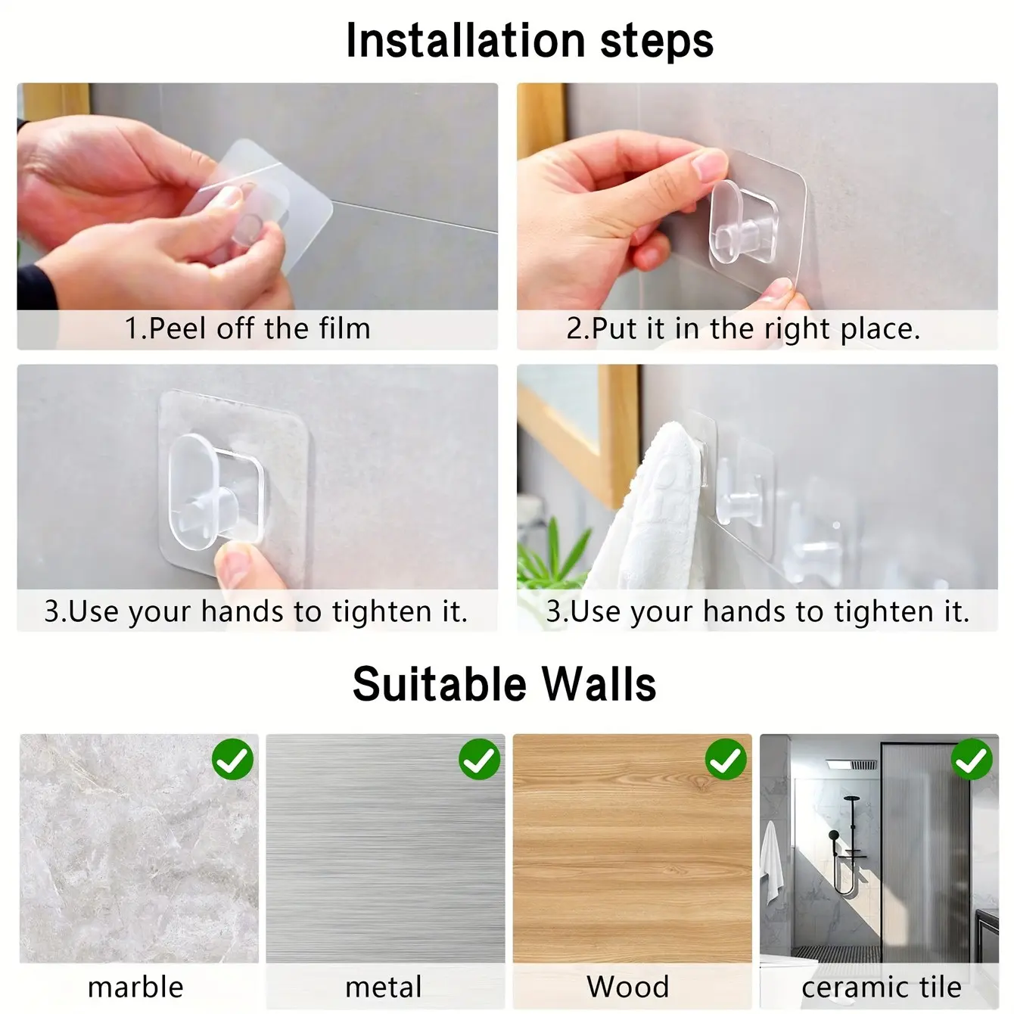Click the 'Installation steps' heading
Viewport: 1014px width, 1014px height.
[530, 41]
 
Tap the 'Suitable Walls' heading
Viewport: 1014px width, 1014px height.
[505, 684]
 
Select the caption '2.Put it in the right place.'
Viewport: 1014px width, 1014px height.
[743, 329]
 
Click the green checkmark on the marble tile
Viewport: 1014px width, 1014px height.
[232, 759]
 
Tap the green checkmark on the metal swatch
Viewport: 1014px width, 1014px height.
[479, 759]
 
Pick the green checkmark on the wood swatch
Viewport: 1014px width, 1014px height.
[726, 759]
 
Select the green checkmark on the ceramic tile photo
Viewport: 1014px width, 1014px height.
[972, 759]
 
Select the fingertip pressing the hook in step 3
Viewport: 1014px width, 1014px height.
[234, 563]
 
